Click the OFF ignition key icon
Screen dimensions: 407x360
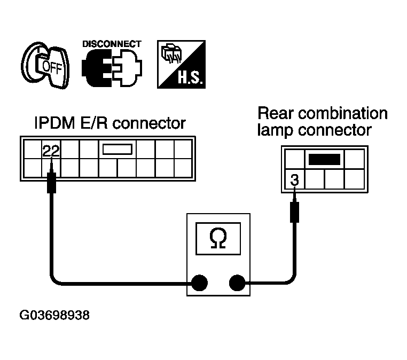[x=45, y=65]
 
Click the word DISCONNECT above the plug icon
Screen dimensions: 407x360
[x=112, y=44]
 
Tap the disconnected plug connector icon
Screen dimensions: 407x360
[x=112, y=68]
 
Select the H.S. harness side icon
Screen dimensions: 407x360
[x=181, y=65]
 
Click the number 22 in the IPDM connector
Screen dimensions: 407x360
[x=51, y=151]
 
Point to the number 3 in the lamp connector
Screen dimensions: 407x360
[x=294, y=180]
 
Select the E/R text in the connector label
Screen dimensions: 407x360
[x=93, y=123]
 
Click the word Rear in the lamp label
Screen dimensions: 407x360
[x=276, y=113]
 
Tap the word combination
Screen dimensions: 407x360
[x=342, y=113]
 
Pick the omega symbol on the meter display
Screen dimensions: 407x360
[x=218, y=238]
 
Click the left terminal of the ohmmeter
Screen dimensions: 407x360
[x=199, y=283]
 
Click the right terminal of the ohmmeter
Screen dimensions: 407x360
[x=237, y=283]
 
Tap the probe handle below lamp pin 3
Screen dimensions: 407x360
[x=294, y=212]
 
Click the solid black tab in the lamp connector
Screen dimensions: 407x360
[x=324, y=159]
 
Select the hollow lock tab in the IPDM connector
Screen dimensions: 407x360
[x=118, y=149]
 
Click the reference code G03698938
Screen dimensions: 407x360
[x=54, y=315]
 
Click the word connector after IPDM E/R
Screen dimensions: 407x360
[x=149, y=123]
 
